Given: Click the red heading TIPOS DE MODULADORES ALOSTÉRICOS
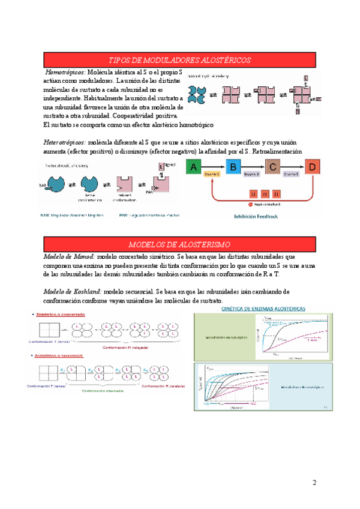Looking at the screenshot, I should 179,60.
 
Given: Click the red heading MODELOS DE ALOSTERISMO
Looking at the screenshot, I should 179,244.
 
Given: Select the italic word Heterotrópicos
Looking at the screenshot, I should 64,143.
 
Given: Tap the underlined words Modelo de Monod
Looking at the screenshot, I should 68,256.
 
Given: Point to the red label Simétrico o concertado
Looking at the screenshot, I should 59,315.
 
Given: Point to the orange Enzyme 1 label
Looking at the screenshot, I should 212,173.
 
